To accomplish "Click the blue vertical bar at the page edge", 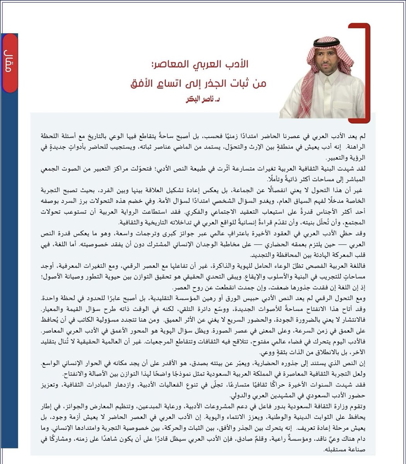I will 9,271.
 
